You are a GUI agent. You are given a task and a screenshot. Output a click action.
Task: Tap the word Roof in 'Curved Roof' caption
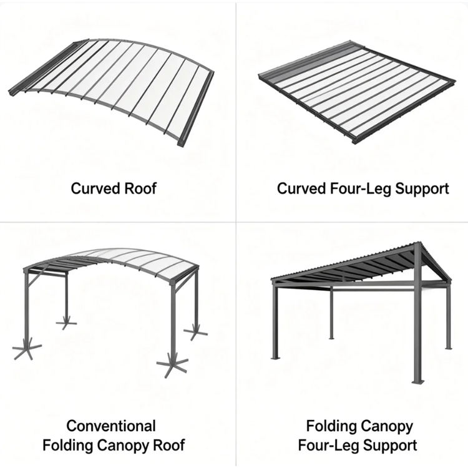140,188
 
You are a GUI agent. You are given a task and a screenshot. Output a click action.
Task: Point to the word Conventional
111,426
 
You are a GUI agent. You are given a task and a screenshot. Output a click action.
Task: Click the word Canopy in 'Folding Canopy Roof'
124,446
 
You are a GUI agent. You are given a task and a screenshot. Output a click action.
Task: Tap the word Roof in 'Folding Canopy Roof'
169,445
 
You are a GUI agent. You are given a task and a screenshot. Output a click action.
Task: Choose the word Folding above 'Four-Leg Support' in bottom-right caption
331,426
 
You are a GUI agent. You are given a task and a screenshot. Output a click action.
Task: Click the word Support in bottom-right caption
390,446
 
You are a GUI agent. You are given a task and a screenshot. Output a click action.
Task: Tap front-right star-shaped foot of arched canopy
172,365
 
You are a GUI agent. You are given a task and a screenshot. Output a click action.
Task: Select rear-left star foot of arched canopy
66,323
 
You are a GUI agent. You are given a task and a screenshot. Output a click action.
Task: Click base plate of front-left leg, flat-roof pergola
275,358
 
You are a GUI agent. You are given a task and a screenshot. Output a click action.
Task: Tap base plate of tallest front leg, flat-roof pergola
418,381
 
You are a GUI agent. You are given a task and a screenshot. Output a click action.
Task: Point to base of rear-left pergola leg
331,338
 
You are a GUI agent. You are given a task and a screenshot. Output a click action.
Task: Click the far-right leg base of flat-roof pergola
448,348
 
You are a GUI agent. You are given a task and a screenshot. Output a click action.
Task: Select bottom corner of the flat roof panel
354,142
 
